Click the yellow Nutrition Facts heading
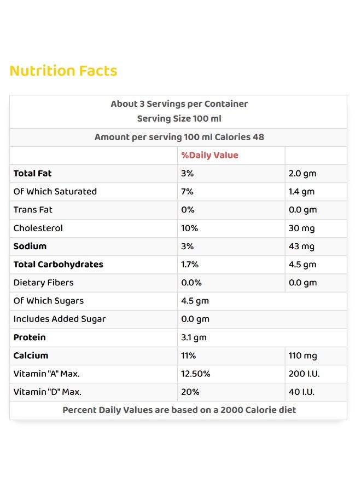pos(63,71)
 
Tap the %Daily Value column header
pos(209,156)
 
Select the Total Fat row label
pos(32,173)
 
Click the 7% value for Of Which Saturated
pos(187,192)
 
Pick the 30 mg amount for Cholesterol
pos(302,228)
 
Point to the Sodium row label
pos(30,246)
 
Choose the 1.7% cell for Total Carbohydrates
pos(190,265)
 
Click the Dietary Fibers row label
pos(43,283)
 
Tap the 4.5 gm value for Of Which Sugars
pos(195,301)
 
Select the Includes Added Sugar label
pos(60,319)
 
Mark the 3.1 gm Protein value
pos(194,337)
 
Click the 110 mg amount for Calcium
pos(302,356)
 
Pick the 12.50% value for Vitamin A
pos(196,374)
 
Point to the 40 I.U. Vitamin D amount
pos(301,392)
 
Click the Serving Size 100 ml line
pos(179,118)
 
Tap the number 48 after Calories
pos(258,137)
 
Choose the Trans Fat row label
pos(33,210)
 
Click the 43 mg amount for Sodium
pos(301,247)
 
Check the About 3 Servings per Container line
pos(179,104)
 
